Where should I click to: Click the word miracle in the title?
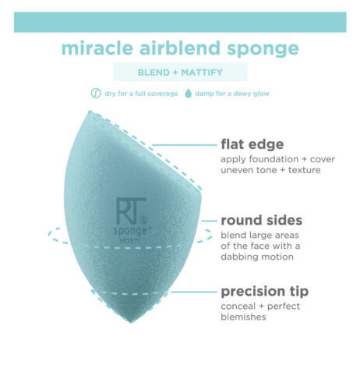[97, 48]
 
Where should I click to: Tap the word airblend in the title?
[180, 48]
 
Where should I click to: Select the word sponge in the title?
[263, 50]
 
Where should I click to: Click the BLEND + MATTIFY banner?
[180, 72]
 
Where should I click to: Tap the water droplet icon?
[189, 94]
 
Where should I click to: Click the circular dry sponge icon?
[96, 93]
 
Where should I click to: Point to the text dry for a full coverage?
[141, 94]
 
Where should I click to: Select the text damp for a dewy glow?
[232, 94]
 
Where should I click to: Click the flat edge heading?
[252, 144]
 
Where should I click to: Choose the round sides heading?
[262, 220]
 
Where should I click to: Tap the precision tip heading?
[265, 292]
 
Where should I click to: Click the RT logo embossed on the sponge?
[131, 211]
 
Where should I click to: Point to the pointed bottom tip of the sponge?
[131, 322]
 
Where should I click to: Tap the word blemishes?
[243, 317]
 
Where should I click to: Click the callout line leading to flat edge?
[185, 145]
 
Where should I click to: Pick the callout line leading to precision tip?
[194, 292]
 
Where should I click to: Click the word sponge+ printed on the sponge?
[132, 231]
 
